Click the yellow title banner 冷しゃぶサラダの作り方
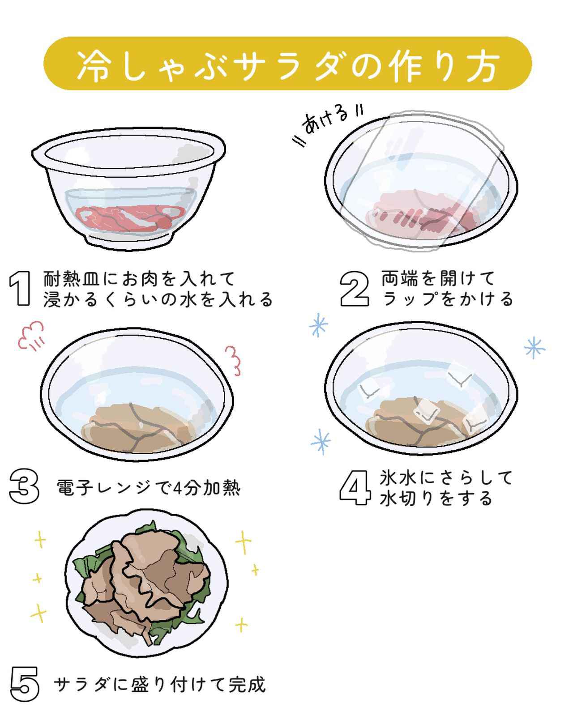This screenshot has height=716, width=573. (287, 64)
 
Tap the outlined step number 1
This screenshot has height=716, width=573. (20, 289)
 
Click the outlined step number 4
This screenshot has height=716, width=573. (355, 488)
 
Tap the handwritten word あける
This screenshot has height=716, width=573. (325, 121)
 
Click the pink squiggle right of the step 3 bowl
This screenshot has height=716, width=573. (233, 361)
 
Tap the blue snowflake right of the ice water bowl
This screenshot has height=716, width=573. (535, 348)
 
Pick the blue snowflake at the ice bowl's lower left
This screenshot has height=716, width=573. (321, 442)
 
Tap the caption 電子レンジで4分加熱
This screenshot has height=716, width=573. (149, 488)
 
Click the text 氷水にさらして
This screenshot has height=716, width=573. (446, 478)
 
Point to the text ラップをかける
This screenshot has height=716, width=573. (448, 298)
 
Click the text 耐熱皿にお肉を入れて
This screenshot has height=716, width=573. (140, 279)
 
